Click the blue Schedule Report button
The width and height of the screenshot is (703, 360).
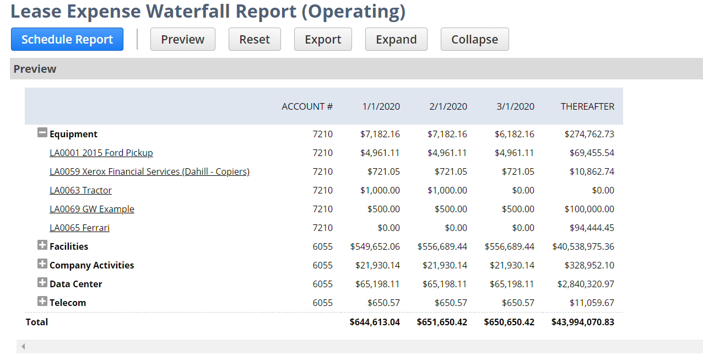coord(67,39)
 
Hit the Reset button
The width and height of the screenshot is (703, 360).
coord(255,39)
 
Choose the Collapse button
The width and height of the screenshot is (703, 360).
coord(474,39)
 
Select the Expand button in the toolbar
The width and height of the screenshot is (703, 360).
coord(396,39)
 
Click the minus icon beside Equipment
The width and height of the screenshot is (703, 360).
coord(42,133)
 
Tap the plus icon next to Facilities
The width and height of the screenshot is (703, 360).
coord(42,245)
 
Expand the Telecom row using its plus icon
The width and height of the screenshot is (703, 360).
coord(42,302)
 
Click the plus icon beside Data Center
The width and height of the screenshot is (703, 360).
coord(42,283)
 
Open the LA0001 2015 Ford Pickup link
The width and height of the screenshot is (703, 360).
coord(101,153)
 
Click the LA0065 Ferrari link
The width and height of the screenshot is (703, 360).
coord(79,228)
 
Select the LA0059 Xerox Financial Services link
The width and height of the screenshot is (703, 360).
coord(149,171)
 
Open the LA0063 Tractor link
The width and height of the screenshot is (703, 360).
coord(80,190)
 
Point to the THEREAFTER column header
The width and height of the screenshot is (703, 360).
coord(587,106)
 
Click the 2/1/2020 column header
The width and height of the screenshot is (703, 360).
coord(448,106)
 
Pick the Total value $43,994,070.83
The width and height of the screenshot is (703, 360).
coord(582,322)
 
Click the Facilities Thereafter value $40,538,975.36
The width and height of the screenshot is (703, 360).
coord(583,246)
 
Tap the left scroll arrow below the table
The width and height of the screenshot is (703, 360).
coord(23,347)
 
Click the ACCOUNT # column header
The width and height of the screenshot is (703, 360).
coord(307,106)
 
